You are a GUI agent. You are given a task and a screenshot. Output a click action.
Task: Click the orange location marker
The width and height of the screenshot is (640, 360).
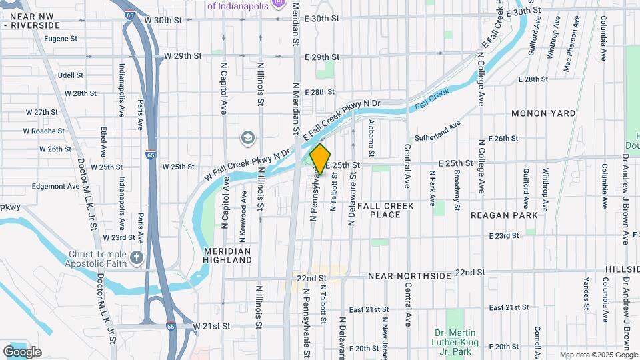coord(321,159)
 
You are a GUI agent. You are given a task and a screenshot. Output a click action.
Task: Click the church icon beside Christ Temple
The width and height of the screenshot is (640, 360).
coord(137,258)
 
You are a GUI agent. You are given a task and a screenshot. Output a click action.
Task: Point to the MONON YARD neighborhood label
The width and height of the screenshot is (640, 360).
coord(543,114)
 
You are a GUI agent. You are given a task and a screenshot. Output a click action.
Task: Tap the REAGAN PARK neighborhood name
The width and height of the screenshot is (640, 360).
coord(504,215)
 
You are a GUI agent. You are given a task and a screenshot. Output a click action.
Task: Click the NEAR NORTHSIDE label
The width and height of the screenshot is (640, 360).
coord(409,275)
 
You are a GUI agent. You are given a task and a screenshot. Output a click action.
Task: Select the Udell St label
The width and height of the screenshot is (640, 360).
coord(70,75)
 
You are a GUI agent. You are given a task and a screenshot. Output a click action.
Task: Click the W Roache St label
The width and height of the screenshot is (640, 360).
coord(43,131)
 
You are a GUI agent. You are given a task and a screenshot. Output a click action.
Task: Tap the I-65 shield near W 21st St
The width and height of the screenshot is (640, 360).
coord(171,327)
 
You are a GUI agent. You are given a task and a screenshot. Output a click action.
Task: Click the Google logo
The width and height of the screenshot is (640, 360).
coord(22,351)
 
